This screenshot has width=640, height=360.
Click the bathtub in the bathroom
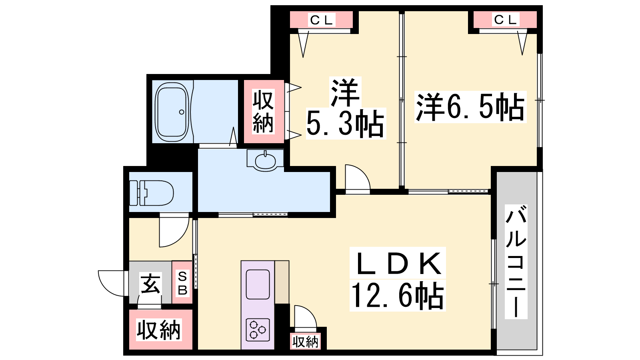coord(172,112)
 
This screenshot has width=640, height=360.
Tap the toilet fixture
coord(152,193)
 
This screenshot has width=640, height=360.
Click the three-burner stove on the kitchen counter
coord(258,330)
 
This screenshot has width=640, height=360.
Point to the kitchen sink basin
coord(258,284)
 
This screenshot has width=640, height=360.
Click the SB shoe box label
coord(182,283)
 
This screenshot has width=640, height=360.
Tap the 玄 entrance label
coord(150,283)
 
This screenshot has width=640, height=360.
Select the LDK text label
coord(398,264)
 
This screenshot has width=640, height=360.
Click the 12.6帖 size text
coord(398,296)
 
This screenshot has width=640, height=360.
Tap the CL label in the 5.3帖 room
coord(322,20)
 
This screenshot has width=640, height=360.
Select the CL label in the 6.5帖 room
coord(505,20)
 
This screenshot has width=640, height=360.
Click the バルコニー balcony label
coord(516,261)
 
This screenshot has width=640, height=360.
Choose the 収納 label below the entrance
coord(158,330)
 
